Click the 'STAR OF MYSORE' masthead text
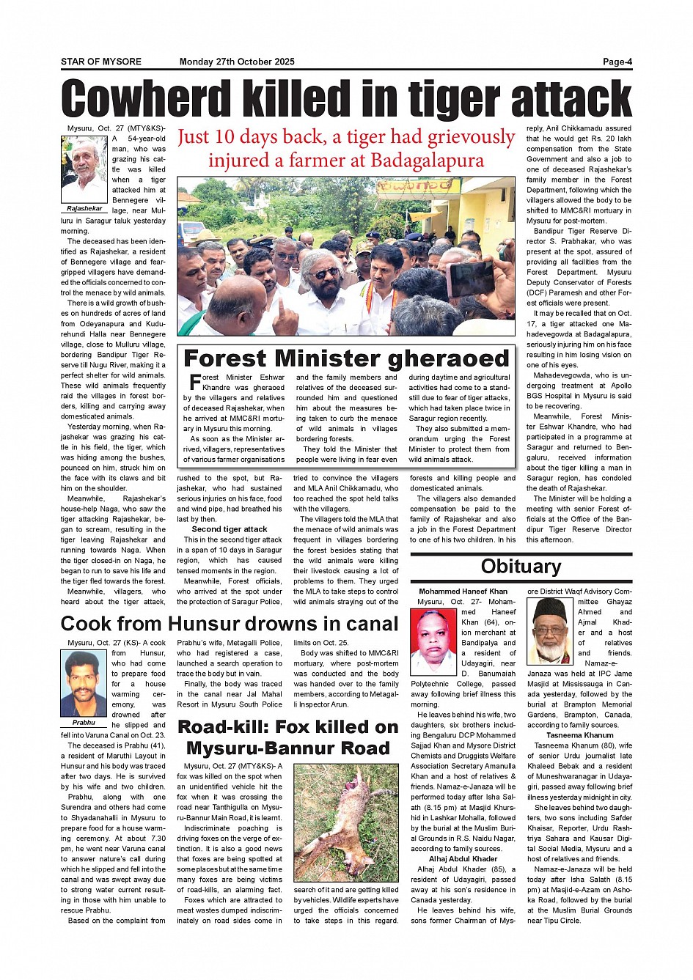(101, 62)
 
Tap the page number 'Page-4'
(617, 62)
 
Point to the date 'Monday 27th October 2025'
(237, 62)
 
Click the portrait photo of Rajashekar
(84, 169)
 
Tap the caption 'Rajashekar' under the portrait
(84, 209)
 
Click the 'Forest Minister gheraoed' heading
(346, 358)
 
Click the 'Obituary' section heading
(521, 566)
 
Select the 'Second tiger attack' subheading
(230, 529)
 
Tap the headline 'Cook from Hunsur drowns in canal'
(230, 624)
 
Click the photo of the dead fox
(346, 822)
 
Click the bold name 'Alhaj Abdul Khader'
(463, 859)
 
